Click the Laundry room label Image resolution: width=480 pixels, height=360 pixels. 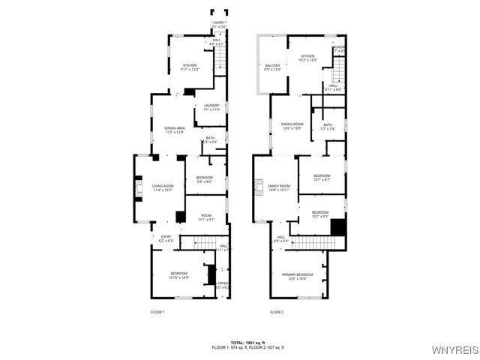coord(211,107)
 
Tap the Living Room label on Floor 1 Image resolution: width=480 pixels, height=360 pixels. coord(163,188)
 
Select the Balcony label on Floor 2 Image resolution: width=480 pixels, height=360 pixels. coord(272,68)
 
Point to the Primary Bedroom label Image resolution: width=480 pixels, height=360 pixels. coord(298,277)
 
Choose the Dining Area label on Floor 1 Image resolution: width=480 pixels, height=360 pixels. coord(175,130)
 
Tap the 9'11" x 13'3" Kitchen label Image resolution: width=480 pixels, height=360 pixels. coord(190,67)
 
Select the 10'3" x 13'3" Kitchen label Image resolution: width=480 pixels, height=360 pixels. coord(308,58)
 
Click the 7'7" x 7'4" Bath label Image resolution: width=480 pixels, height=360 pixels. coord(328,127)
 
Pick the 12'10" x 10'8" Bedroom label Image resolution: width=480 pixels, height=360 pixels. coord(178,275)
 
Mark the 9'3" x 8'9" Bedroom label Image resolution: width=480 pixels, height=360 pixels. coord(205,179)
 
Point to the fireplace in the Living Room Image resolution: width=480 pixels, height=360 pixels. coord(138,188)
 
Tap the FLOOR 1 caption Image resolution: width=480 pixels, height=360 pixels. coord(157,311)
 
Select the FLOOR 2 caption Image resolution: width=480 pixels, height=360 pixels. coord(277,311)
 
